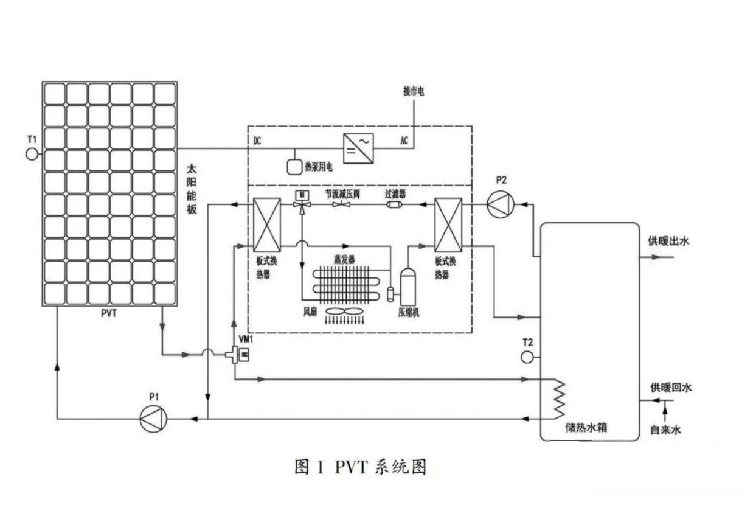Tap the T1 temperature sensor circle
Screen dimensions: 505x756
click(32, 154)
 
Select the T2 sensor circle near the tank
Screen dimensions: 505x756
click(527, 357)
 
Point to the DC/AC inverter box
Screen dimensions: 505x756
click(359, 148)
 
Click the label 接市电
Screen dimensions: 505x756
click(413, 91)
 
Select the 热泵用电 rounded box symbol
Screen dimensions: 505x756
click(296, 165)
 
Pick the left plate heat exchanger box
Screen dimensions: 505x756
click(267, 225)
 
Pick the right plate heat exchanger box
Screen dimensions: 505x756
click(449, 225)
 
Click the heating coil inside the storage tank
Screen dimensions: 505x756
click(557, 399)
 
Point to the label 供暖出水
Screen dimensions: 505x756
click(668, 242)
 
